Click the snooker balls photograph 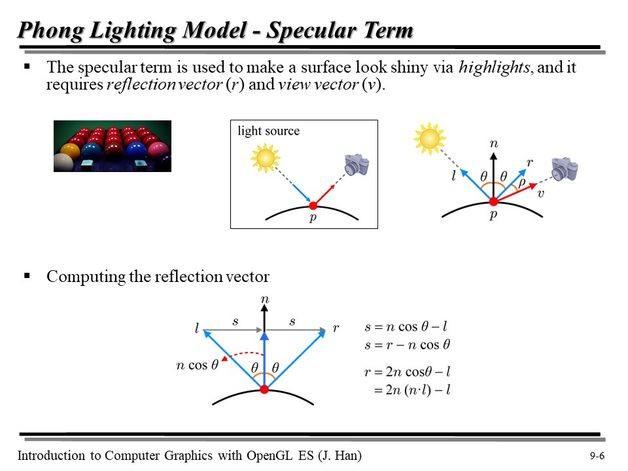[112, 146]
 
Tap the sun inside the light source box [266, 158]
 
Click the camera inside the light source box [357, 164]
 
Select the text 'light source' [269, 131]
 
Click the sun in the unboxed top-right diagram [430, 139]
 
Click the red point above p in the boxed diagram [313, 205]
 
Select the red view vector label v [541, 194]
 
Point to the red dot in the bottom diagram [264, 389]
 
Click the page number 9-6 [597, 457]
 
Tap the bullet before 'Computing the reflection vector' [27, 276]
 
